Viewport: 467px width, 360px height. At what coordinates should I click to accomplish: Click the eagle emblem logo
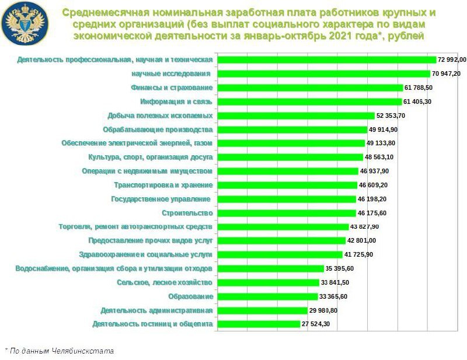(25, 23)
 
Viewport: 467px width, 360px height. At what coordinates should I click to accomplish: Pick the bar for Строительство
(286, 213)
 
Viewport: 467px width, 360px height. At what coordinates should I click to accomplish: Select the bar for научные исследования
(324, 74)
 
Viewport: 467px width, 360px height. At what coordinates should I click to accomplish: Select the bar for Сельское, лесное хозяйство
(269, 282)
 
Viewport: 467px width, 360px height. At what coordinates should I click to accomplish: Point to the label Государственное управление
(161, 199)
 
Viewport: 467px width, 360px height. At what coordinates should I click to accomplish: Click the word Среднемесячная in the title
(102, 12)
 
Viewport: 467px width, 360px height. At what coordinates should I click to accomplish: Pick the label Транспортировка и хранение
(163, 185)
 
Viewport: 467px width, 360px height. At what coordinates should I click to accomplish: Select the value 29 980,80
(323, 310)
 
